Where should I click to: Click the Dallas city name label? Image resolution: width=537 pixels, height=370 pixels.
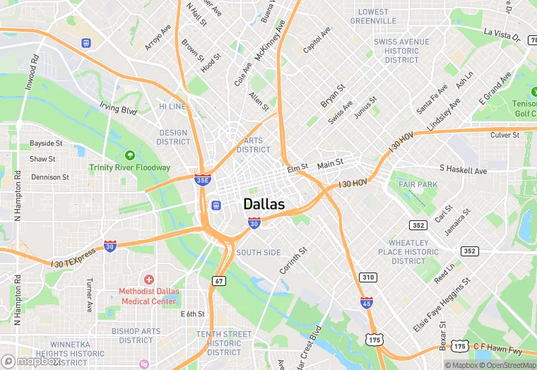click(264, 204)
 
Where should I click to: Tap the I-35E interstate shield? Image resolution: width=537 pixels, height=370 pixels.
click(203, 179)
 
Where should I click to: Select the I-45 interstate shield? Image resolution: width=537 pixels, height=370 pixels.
click(366, 303)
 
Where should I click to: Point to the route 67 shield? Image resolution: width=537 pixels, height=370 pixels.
click(218, 281)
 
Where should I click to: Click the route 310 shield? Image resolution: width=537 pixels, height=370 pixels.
click(367, 277)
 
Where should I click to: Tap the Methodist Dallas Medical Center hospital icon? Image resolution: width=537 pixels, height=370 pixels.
click(148, 281)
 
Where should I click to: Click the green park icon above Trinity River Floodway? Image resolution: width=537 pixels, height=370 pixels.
click(129, 155)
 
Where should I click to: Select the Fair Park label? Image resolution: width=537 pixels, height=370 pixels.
click(418, 184)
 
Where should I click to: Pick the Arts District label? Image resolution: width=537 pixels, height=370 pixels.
click(254, 145)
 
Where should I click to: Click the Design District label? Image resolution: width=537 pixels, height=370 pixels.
click(173, 137)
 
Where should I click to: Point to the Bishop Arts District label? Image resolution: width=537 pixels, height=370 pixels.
click(136, 335)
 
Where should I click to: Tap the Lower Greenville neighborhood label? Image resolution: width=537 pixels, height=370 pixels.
click(373, 16)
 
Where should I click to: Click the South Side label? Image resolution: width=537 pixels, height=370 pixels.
click(259, 252)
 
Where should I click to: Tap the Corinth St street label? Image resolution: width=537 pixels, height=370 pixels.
click(293, 261)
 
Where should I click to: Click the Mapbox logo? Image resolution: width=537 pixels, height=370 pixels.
click(31, 361)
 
